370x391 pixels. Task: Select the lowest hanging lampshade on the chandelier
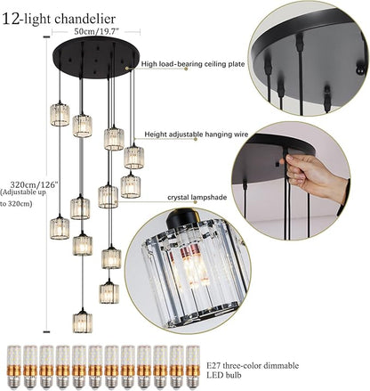[x=81, y=321]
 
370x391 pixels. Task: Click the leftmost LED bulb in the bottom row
[x=14, y=365]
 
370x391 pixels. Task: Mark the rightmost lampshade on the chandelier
[x=133, y=157]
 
